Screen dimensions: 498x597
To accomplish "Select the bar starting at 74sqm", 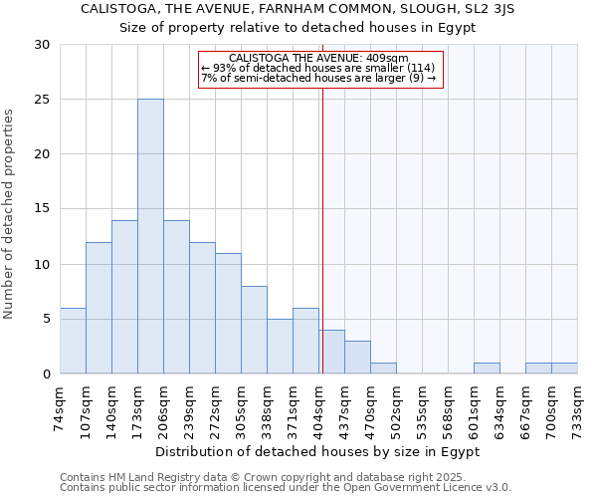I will pos(73,341).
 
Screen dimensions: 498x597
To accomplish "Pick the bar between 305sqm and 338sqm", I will pos(254,330).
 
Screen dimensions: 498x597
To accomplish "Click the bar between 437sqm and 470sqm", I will pos(357,357).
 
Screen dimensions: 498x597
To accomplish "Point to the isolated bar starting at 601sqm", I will pos(487,369).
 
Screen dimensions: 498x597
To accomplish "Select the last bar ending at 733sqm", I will pos(564,369).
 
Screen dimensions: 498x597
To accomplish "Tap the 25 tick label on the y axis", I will pos(42,100).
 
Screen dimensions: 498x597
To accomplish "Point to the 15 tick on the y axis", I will pos(42,209).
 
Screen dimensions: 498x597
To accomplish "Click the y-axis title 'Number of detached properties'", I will pos(10,214).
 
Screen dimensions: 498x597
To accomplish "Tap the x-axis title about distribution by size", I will pos(317,451).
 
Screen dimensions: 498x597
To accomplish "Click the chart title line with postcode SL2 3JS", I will pos(298,9).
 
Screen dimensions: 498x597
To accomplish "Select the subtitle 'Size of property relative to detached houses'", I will pos(298,27).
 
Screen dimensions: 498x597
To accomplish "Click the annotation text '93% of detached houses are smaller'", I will pos(318,68).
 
